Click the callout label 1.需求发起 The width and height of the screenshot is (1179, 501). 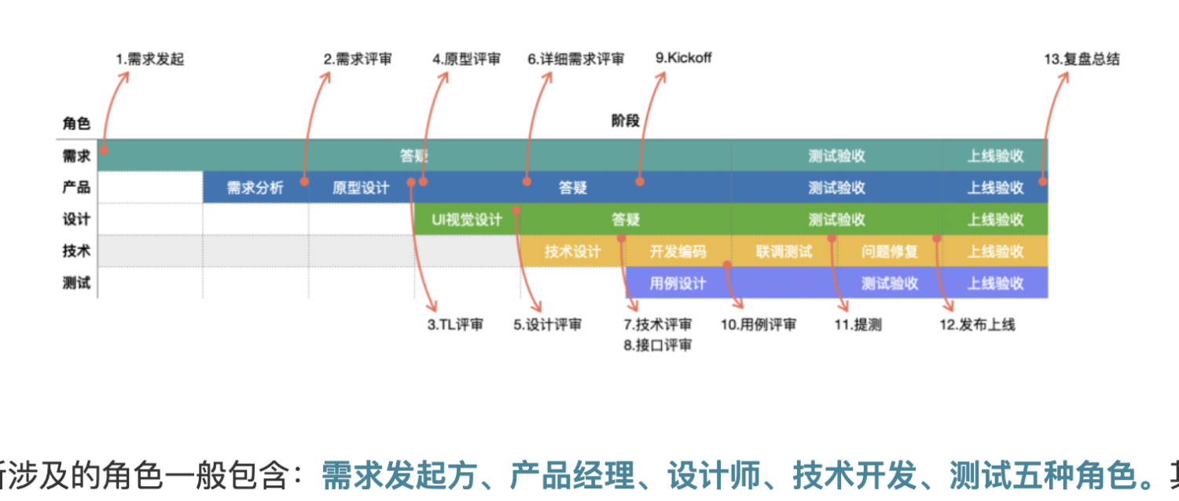coord(149,59)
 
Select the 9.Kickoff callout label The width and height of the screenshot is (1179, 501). coord(683,57)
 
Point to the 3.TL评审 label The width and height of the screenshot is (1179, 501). coord(455,324)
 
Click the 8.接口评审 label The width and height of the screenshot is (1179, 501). coord(658,345)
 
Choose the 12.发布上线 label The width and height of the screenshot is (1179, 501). coord(977,324)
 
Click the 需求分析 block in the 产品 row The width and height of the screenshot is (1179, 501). coord(255,188)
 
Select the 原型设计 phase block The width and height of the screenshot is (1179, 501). coord(360,188)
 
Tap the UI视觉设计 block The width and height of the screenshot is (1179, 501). coord(466,220)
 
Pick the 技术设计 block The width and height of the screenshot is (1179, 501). coord(572,251)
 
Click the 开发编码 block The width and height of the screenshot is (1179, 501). coord(678,251)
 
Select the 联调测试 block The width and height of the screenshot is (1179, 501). coord(784,251)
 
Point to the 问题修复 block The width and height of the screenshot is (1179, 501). coord(890,251)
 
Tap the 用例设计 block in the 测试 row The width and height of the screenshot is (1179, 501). coord(678,283)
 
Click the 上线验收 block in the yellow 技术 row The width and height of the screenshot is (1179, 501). coord(995,251)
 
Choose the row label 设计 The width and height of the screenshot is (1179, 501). coord(76,220)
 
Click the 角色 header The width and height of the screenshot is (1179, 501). coord(76,123)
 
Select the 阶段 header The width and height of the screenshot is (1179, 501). coord(626,121)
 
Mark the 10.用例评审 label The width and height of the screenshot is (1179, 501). coord(758,324)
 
